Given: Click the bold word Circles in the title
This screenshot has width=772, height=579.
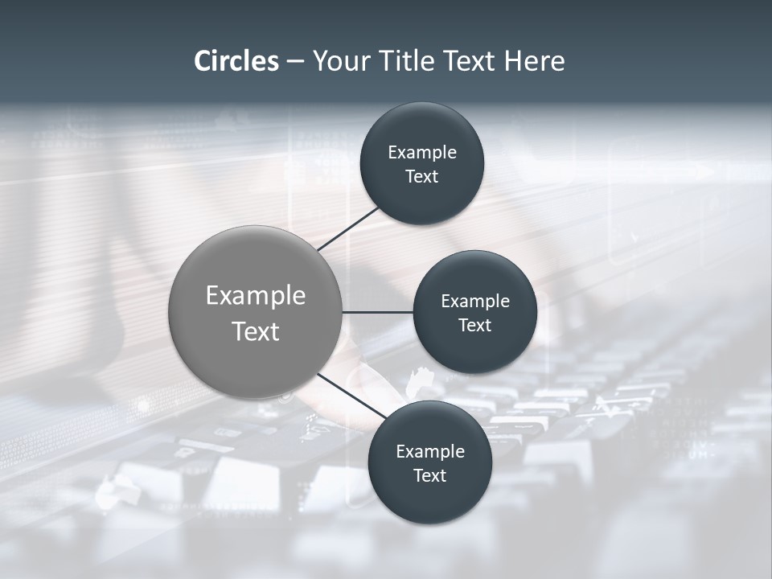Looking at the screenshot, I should point(236,60).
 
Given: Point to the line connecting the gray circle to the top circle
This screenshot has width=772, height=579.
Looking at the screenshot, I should point(348,228).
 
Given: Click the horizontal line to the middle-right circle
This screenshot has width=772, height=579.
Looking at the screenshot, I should point(377,312).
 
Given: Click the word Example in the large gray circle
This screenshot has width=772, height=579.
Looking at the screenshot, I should point(255,296).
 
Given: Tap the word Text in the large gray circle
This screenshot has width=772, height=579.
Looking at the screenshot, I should point(255,331).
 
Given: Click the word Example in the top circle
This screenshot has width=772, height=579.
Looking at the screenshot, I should point(421,152).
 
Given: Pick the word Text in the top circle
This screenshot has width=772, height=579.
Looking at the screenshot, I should point(421,176).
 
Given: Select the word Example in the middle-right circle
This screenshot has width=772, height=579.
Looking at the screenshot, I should point(474,301).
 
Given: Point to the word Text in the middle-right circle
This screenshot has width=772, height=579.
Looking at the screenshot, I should point(474,325).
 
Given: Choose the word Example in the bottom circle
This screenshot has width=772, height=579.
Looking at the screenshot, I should point(429,451).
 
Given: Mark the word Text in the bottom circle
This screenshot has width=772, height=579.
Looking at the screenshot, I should point(429,475).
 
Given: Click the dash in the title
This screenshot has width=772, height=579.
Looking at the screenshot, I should point(295,62).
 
